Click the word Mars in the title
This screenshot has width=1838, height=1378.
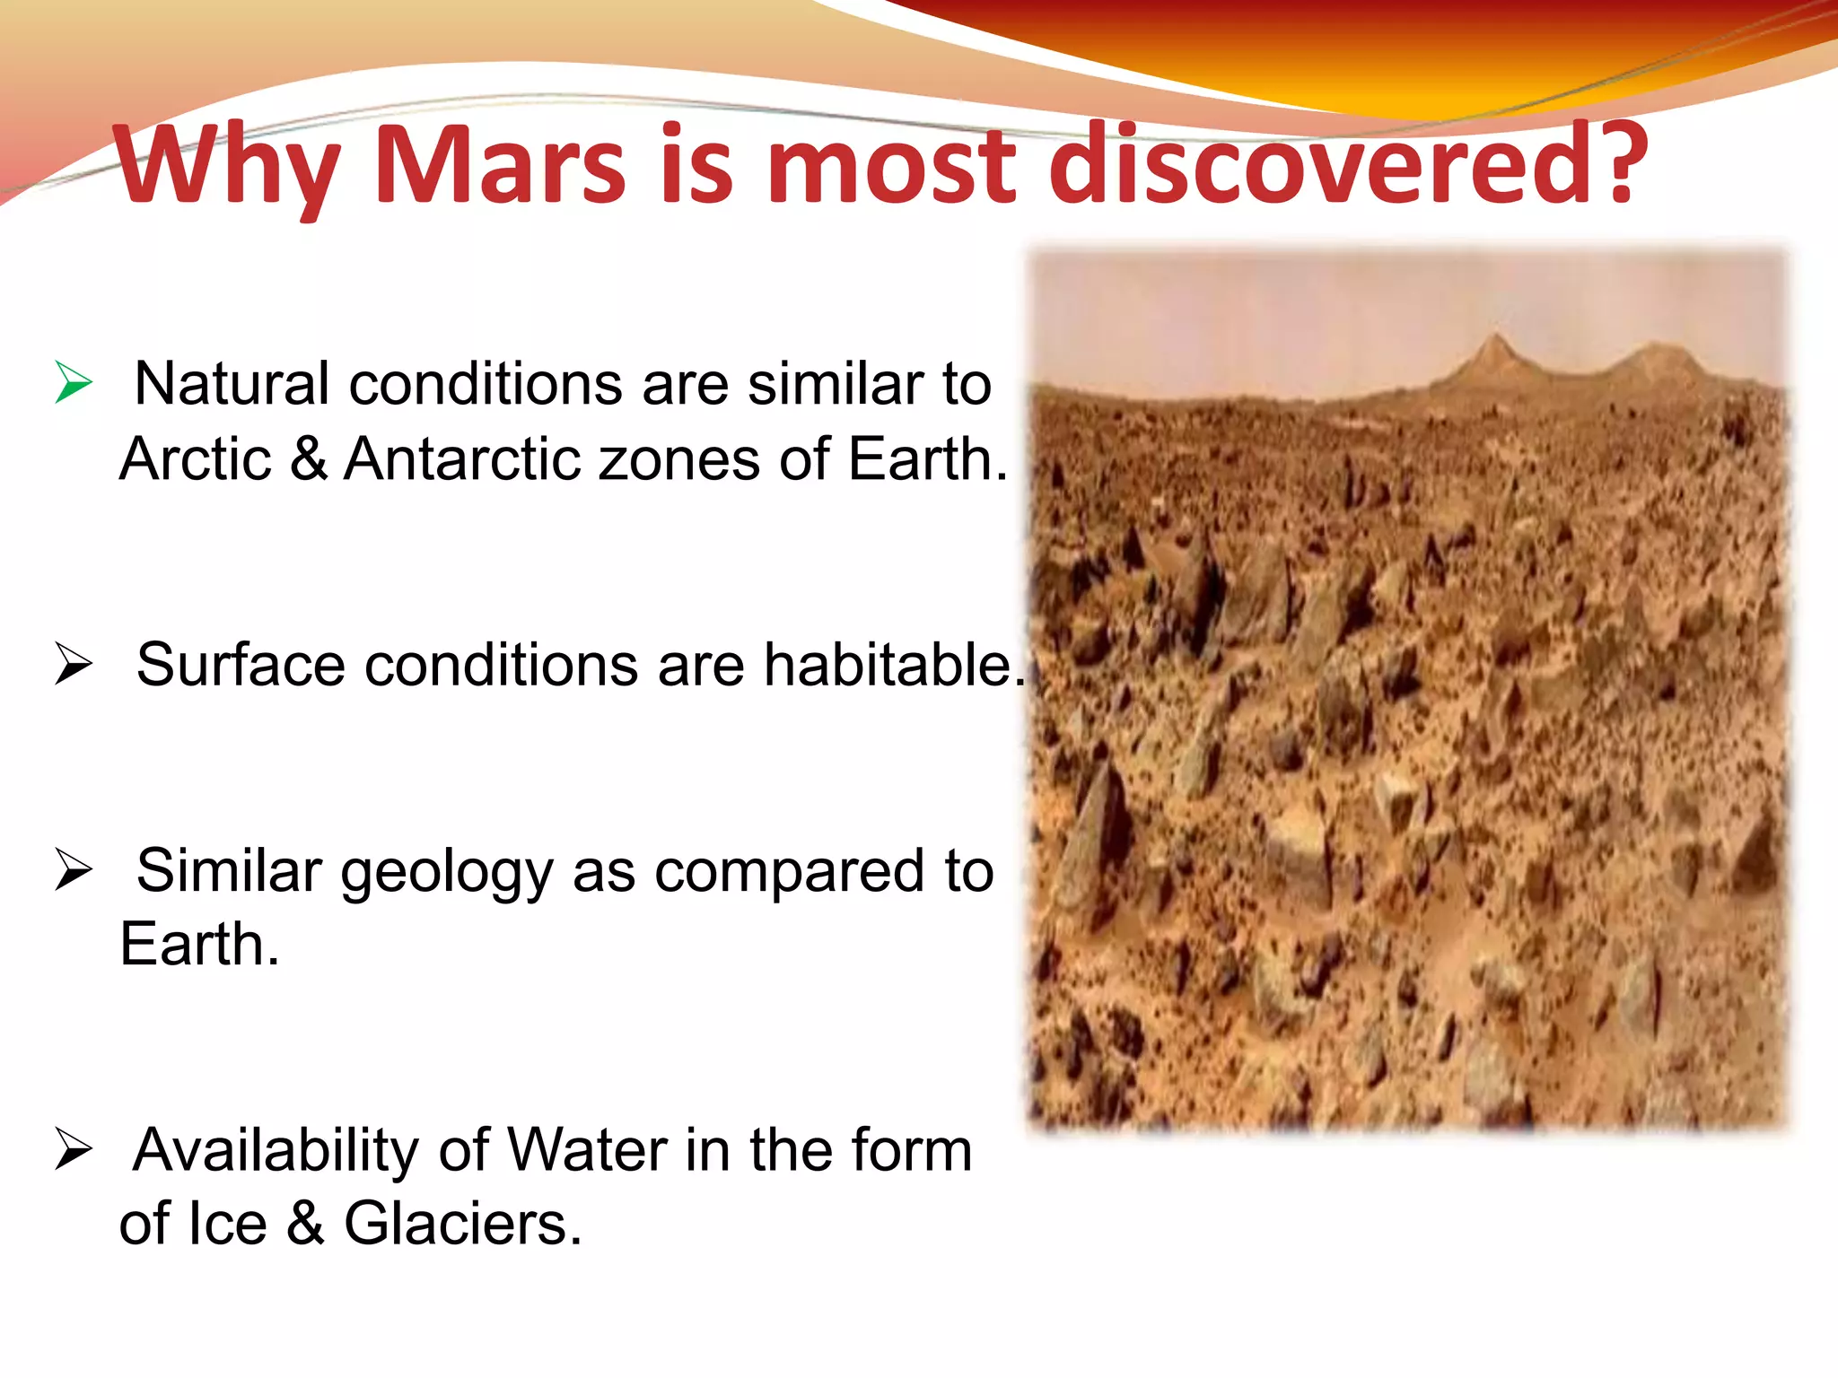(499, 165)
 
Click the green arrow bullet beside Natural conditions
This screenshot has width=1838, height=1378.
(74, 383)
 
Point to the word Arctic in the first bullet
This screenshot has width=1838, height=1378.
(196, 459)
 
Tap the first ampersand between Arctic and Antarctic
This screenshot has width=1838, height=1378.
(309, 459)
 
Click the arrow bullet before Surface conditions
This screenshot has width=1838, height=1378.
(74, 665)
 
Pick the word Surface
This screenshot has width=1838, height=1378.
(241, 666)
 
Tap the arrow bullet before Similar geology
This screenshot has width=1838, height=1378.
(74, 870)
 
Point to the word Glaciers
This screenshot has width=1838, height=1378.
(461, 1224)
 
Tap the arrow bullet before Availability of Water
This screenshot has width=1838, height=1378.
(74, 1150)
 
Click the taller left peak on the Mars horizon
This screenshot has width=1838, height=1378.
(1493, 345)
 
